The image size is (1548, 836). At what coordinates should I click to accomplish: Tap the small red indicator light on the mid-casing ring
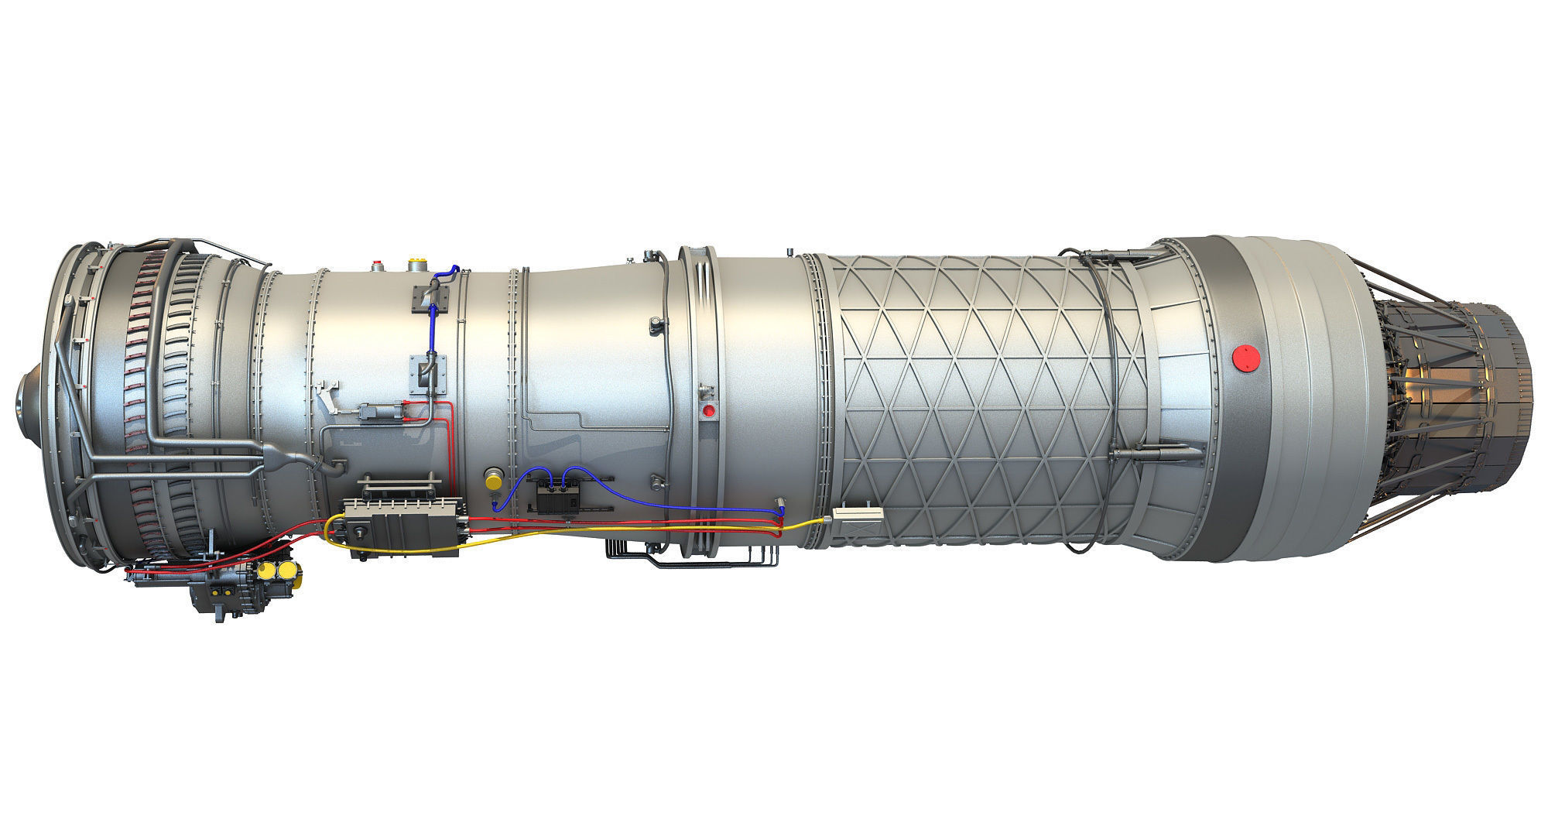click(x=707, y=409)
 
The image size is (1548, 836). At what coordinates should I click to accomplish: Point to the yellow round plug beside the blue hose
click(x=491, y=479)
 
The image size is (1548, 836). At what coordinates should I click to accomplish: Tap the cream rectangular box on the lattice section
click(x=855, y=515)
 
